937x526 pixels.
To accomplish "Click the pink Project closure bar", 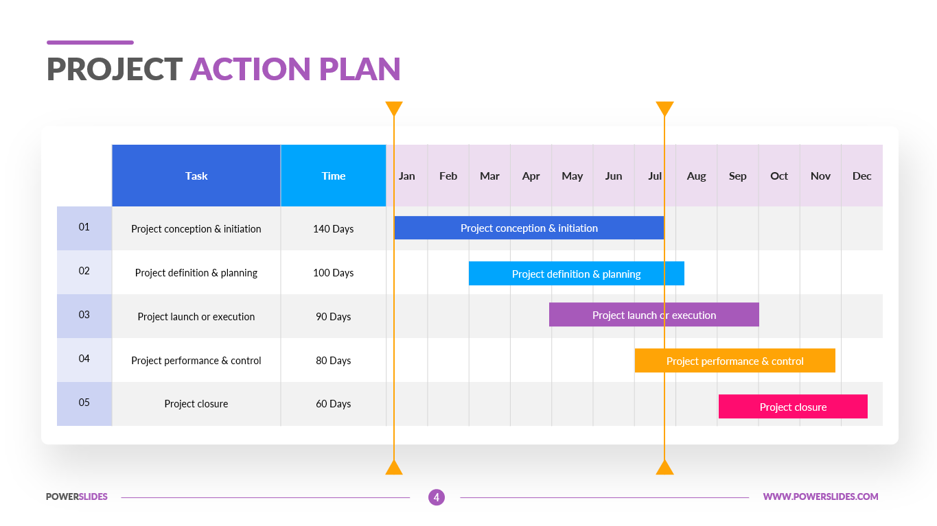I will click(793, 407).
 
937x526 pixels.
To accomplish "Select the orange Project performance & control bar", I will click(734, 361).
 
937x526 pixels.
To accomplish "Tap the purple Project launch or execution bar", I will click(653, 315).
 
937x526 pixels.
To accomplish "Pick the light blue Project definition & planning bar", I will click(576, 274).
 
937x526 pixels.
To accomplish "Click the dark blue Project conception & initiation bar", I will click(529, 228).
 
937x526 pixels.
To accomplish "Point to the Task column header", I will click(196, 176).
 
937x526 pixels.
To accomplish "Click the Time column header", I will click(334, 176).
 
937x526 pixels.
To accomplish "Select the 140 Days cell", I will click(334, 228).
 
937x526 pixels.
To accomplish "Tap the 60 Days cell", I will click(334, 403).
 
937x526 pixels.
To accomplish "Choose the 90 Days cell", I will click(334, 316).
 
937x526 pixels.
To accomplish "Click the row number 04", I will click(84, 358).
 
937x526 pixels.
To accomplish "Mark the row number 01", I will click(84, 226).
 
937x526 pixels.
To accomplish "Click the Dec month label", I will click(861, 176).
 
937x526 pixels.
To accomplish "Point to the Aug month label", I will click(696, 176).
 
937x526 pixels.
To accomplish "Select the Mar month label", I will click(489, 176).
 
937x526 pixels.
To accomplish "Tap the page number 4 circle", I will click(437, 497).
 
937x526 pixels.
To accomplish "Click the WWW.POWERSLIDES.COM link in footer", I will click(820, 497).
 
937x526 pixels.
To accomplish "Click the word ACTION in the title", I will click(250, 69).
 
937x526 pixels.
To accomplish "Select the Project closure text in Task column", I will click(196, 403).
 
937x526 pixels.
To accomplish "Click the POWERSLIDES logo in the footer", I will click(77, 497).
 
